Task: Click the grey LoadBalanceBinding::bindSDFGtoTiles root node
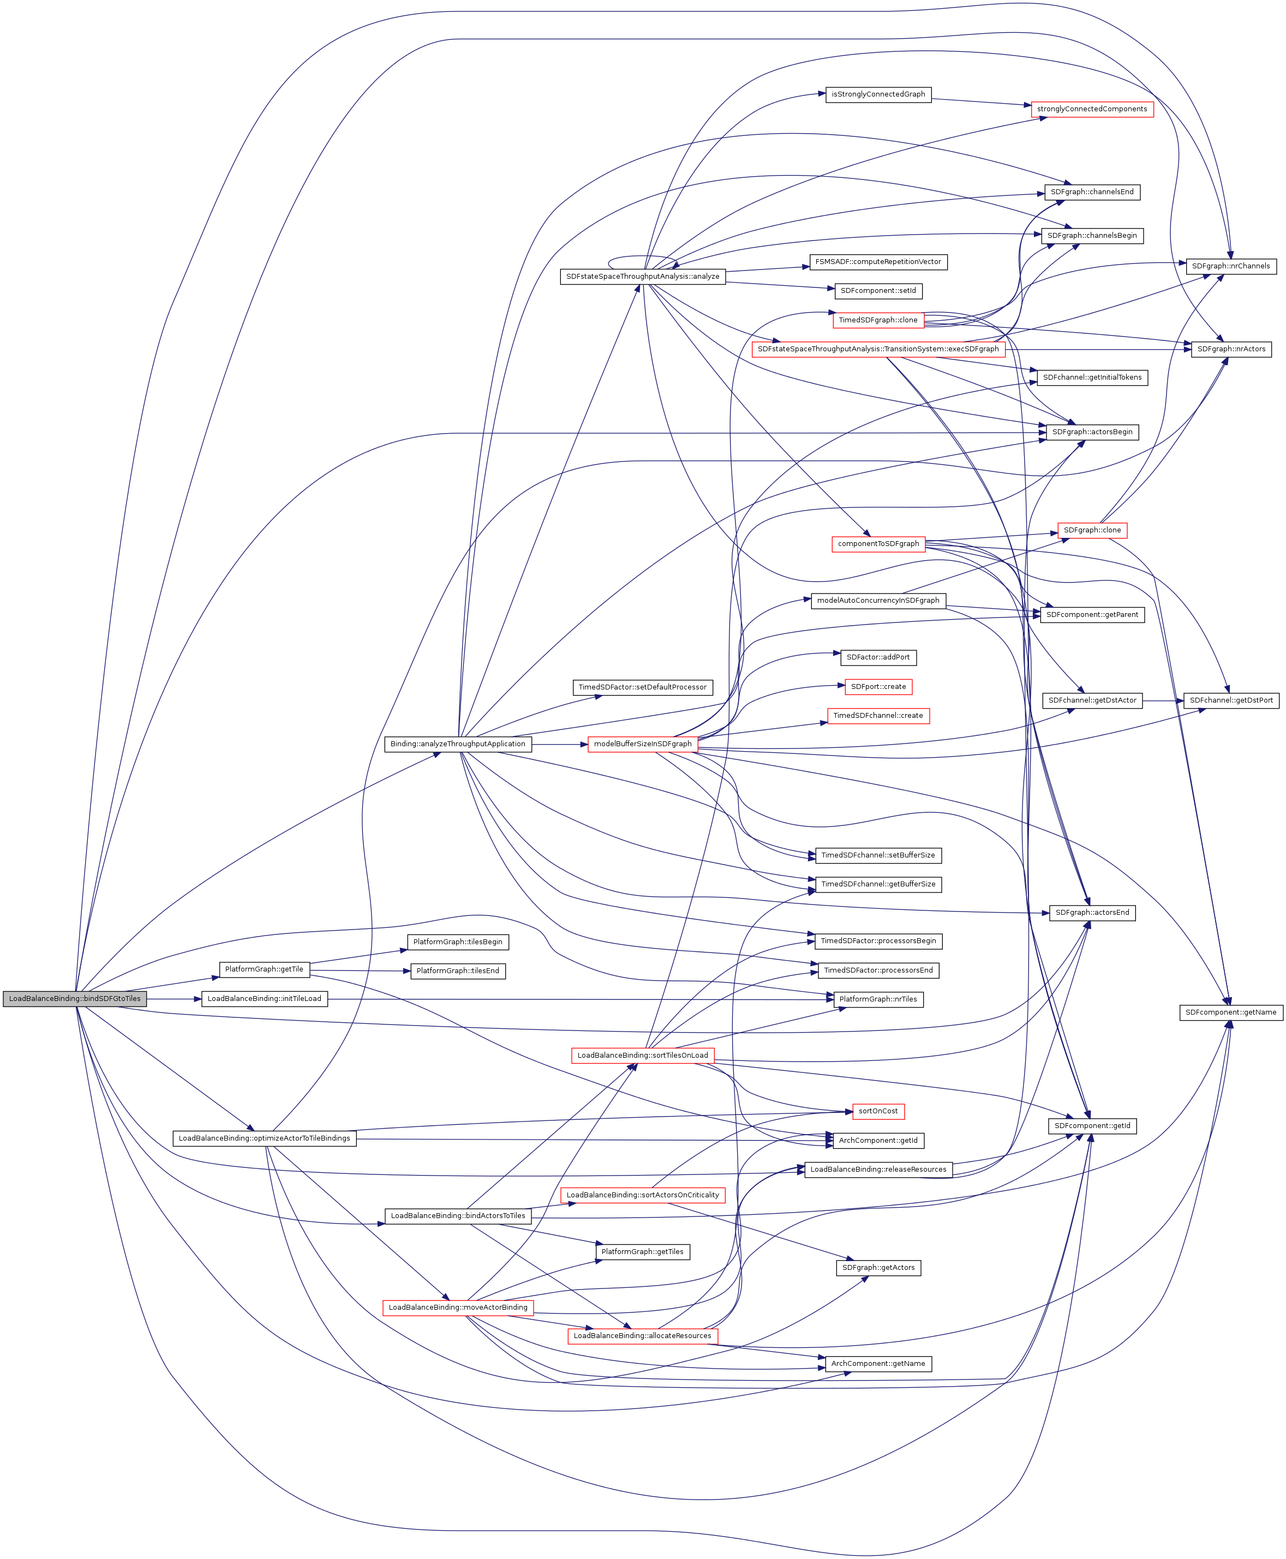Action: pyautogui.click(x=74, y=998)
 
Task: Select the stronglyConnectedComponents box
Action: pyautogui.click(x=1092, y=109)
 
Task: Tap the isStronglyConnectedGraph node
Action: pyautogui.click(x=878, y=94)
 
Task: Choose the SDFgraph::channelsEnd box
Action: pyautogui.click(x=1092, y=192)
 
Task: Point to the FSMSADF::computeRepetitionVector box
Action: pyautogui.click(x=878, y=261)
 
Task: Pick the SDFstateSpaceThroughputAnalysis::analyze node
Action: pyautogui.click(x=642, y=276)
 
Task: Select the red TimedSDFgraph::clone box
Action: pyautogui.click(x=878, y=320)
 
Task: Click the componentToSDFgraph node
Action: pyautogui.click(x=878, y=544)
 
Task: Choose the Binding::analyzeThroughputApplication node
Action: pyautogui.click(x=458, y=743)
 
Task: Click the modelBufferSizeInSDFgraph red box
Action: pyautogui.click(x=642, y=743)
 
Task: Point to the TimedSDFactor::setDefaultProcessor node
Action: pyautogui.click(x=642, y=687)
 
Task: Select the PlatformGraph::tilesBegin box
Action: pyautogui.click(x=458, y=942)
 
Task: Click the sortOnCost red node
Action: pyautogui.click(x=878, y=1111)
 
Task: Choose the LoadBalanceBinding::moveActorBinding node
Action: pyautogui.click(x=458, y=1307)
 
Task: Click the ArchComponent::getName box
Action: pyautogui.click(x=878, y=1364)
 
